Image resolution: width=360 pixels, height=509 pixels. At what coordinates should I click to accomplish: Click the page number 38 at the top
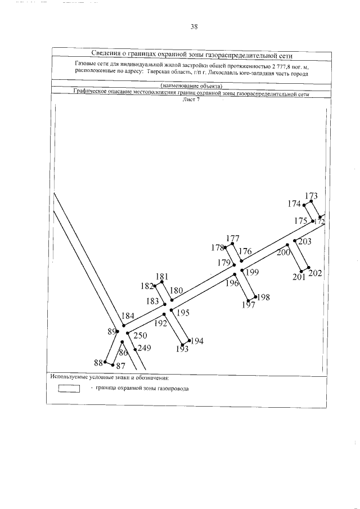tap(193, 26)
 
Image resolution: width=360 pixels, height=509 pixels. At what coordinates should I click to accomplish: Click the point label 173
tap(311, 196)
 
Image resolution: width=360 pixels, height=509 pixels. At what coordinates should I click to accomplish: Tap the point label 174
tap(294, 204)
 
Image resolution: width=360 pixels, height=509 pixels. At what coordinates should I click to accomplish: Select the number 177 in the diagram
tap(233, 238)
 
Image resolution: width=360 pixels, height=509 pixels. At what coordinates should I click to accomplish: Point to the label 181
tap(163, 276)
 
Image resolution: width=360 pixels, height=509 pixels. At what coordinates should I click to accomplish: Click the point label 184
tap(128, 316)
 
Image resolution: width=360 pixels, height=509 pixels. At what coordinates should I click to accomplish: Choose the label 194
tap(197, 341)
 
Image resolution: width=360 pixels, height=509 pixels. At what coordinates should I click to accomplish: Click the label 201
tap(299, 277)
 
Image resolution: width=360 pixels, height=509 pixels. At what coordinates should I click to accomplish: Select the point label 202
tap(316, 273)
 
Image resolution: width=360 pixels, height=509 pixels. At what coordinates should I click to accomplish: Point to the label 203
tap(304, 242)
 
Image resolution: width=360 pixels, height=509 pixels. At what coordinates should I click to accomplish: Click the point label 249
tap(145, 348)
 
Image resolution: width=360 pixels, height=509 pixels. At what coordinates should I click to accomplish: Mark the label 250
tap(140, 336)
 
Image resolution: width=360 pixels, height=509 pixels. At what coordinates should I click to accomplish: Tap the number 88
tap(99, 362)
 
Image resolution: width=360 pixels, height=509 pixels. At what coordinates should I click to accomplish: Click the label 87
tap(120, 366)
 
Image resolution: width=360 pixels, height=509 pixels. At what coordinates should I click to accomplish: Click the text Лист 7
tap(191, 100)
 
